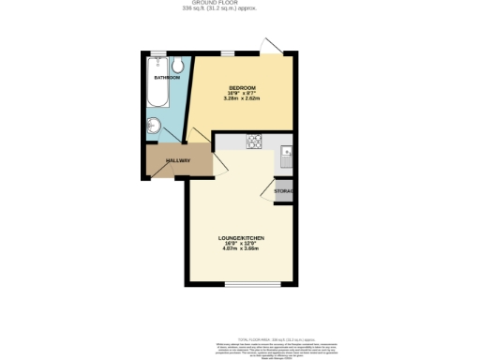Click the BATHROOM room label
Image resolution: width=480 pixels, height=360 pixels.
click(x=168, y=78)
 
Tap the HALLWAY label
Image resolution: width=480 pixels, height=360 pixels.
click(x=178, y=161)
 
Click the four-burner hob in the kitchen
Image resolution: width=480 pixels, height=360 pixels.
click(x=254, y=142)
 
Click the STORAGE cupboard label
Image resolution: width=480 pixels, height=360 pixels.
click(x=285, y=191)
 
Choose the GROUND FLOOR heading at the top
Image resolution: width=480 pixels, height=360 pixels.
click(x=240, y=3)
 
